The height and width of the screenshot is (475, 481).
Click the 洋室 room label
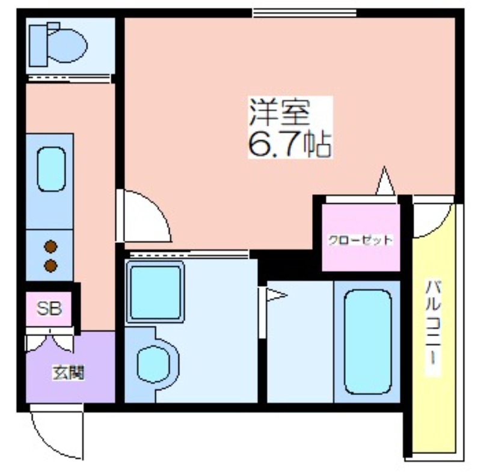pos(279,112)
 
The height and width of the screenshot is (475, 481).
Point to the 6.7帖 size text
pos(290,144)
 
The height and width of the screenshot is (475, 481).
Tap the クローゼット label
pos(360,240)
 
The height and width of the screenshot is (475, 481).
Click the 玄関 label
pos(68,373)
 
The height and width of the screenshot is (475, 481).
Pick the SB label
pos(49,308)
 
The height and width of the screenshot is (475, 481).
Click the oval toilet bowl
pos(67,46)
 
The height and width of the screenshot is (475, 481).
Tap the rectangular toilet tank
pos(38,46)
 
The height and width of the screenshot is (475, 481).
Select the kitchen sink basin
pos(51,169)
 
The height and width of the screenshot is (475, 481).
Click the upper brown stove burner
pos(51,247)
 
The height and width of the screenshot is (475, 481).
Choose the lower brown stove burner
pos(51,266)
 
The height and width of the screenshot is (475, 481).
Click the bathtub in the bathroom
pos(368,342)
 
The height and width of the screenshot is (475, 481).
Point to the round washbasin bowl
pos(153,364)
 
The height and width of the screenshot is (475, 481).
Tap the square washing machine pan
pos(155,292)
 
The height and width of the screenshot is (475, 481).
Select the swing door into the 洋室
pos(144,216)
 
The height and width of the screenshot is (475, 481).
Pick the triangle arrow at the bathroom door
pos(277,295)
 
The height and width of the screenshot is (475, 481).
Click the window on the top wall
pos(305,13)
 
